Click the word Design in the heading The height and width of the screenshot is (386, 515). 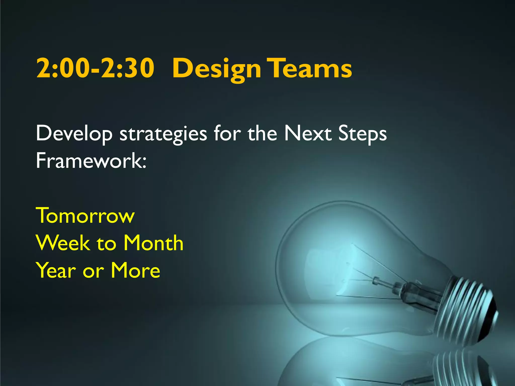click(x=216, y=69)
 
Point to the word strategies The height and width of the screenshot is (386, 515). click(x=163, y=134)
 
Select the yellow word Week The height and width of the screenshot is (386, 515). click(x=63, y=243)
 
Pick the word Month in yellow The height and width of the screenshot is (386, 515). click(x=153, y=243)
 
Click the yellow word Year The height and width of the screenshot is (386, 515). click(x=56, y=270)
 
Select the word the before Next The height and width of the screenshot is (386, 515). click(x=262, y=133)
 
